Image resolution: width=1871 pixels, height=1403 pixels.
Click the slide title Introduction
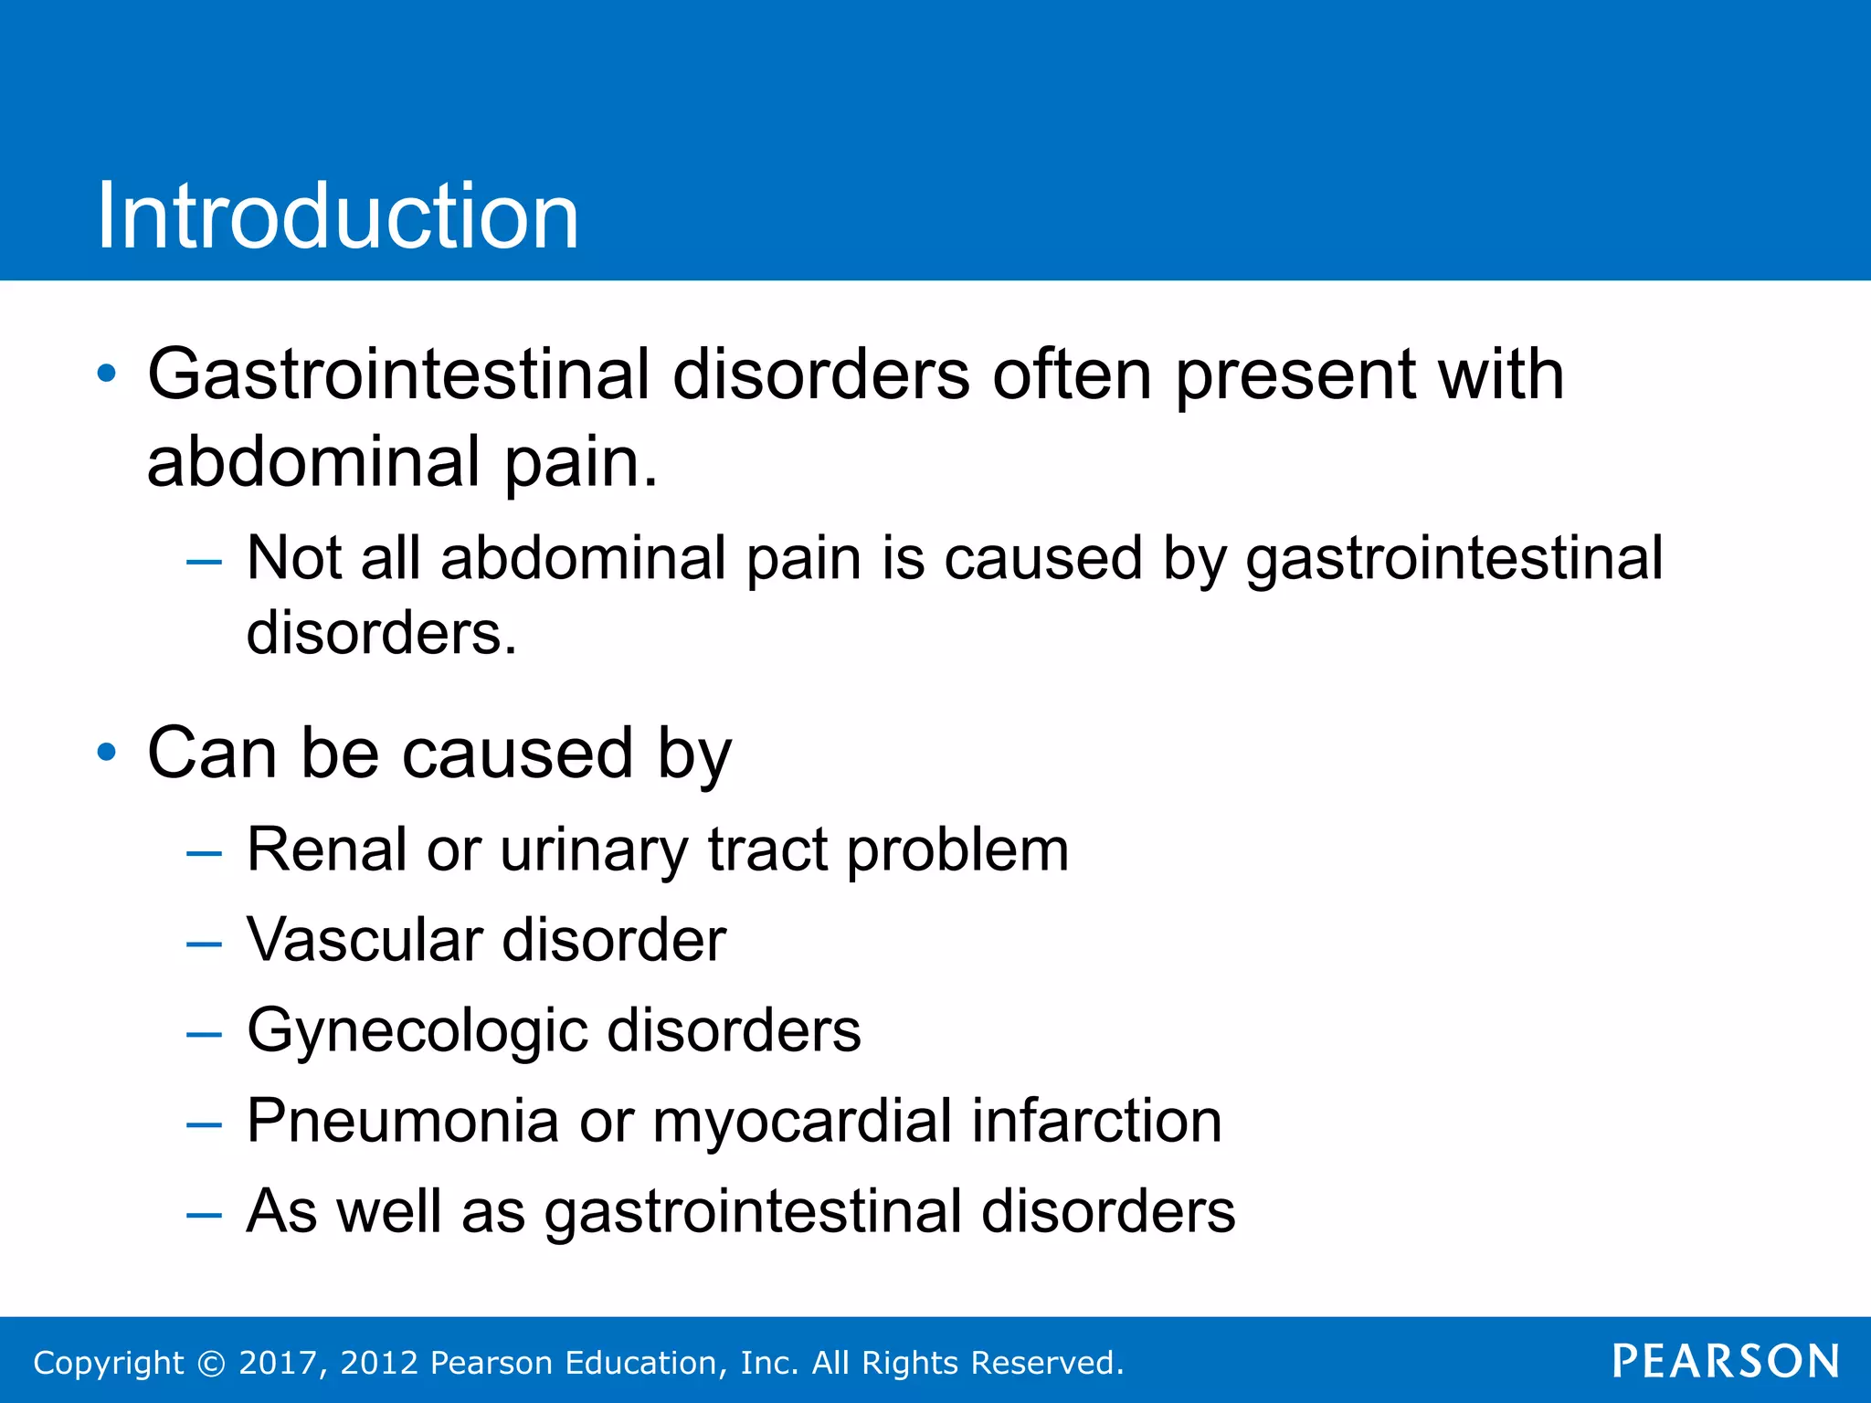[x=337, y=216]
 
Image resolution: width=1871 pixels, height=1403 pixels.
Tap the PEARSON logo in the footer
[x=1725, y=1362]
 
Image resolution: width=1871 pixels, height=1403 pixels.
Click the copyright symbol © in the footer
[x=212, y=1364]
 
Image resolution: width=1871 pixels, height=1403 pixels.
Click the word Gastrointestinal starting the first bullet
[x=398, y=375]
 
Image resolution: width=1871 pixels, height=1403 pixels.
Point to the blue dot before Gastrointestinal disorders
[x=107, y=374]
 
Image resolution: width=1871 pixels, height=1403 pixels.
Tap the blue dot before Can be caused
[x=107, y=752]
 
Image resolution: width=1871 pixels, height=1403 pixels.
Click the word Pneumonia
[x=403, y=1121]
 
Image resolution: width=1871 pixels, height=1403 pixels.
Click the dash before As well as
[x=204, y=1215]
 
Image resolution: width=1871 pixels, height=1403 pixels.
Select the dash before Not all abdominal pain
[x=204, y=562]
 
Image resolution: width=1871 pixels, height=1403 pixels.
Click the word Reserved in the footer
[x=1047, y=1363]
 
